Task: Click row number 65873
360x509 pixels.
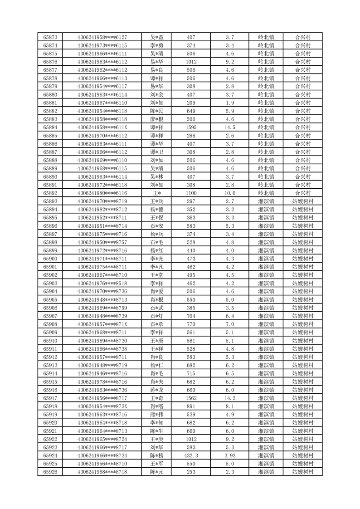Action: point(50,37)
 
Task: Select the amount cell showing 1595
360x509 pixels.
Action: point(191,127)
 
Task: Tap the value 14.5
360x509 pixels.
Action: point(229,127)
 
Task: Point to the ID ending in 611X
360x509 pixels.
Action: point(102,127)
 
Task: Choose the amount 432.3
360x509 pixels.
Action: point(191,455)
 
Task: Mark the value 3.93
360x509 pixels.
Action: point(229,455)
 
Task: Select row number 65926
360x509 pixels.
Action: point(50,472)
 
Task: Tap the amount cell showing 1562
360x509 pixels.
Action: point(191,398)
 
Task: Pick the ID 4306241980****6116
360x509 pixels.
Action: point(102,193)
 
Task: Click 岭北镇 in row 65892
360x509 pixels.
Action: point(266,193)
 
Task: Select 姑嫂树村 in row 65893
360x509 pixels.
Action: point(302,201)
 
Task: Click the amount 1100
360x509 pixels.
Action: point(191,193)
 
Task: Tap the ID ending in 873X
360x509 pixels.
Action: point(102,406)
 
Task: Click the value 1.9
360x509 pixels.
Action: point(229,103)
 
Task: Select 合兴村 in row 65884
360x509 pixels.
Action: point(302,127)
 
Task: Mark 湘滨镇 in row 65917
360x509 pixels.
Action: point(266,398)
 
